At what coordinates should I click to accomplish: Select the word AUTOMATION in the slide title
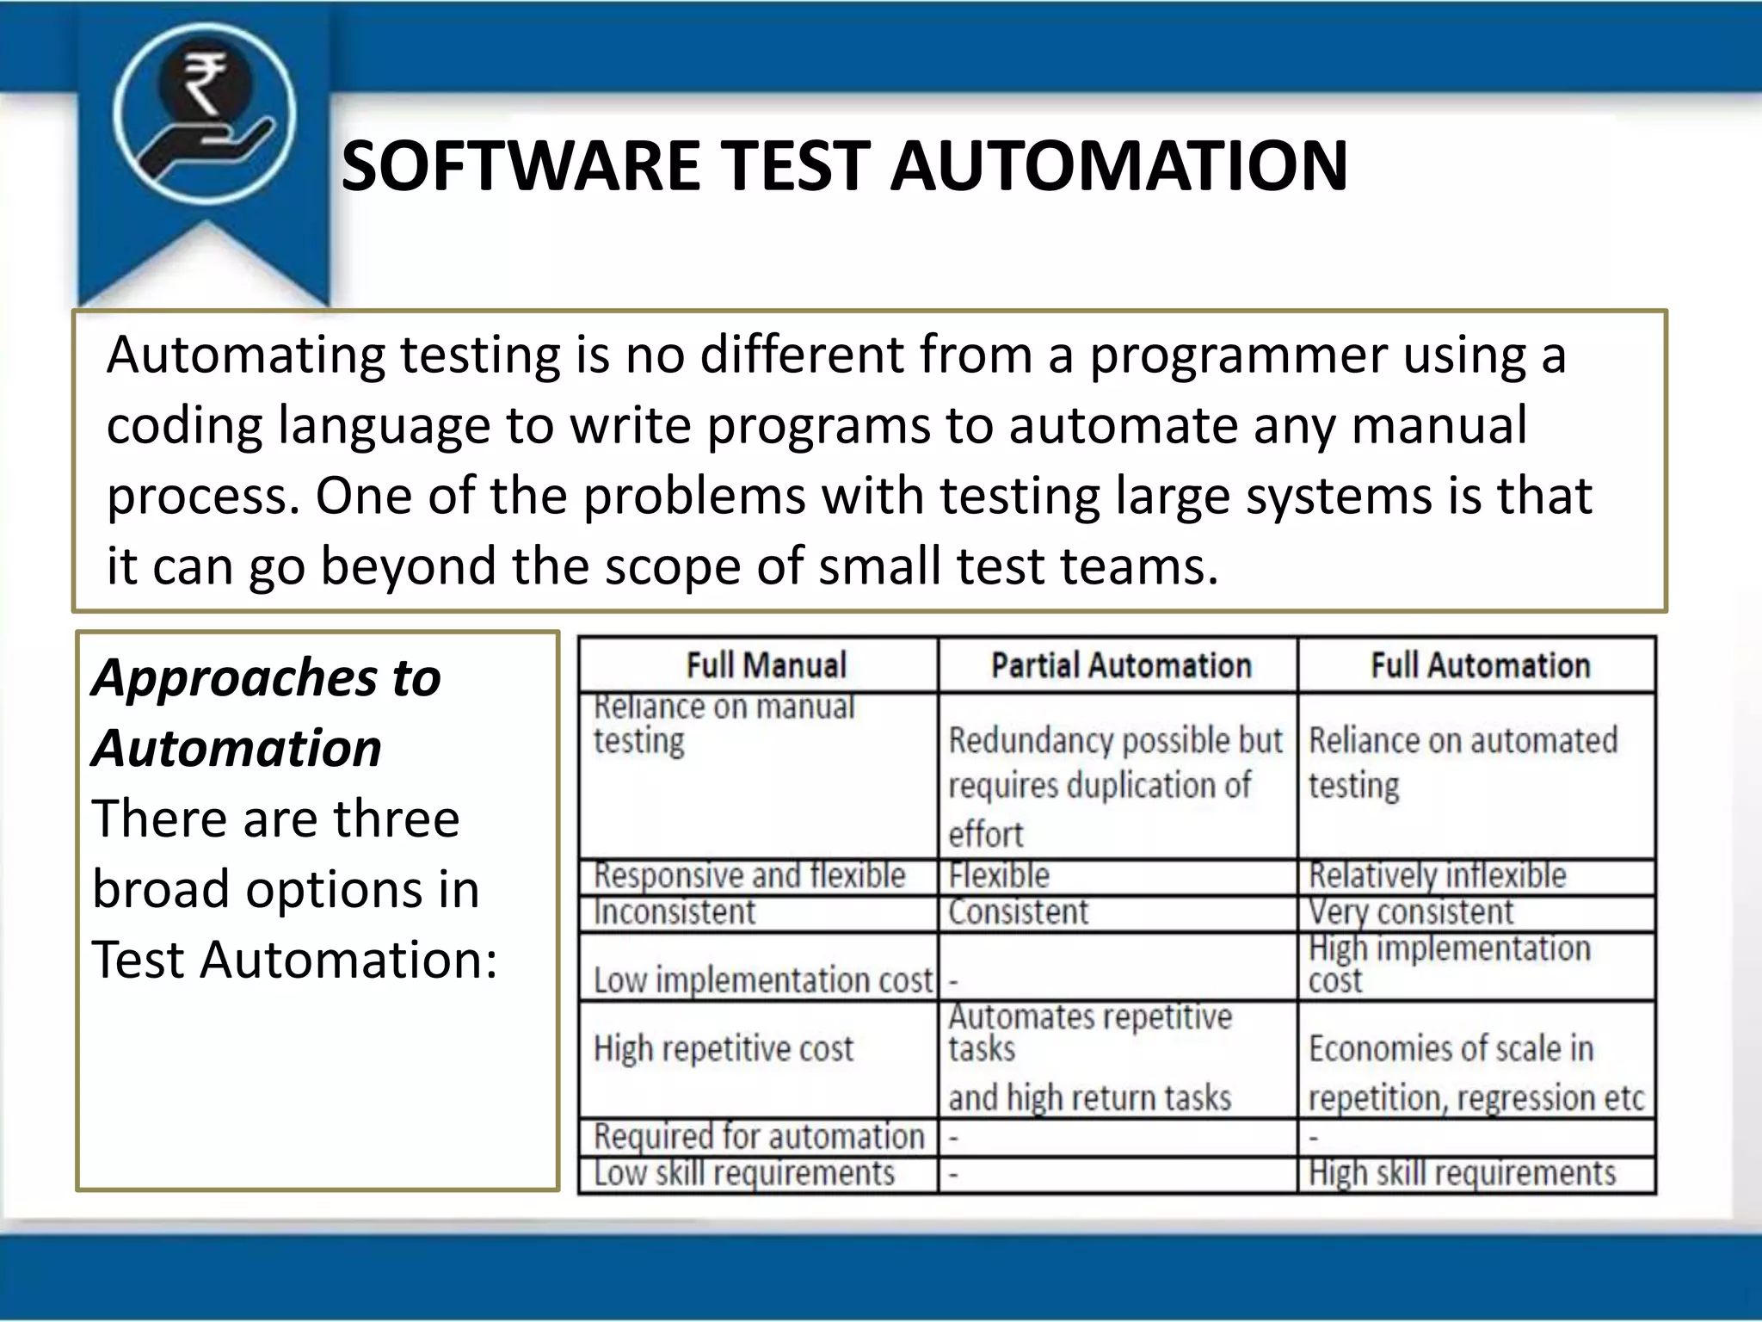[x=1118, y=165]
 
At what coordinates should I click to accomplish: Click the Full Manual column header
[x=766, y=665]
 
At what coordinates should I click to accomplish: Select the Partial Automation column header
[x=1120, y=665]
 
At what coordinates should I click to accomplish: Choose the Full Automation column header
[x=1480, y=665]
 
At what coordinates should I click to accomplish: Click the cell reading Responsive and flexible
[x=749, y=876]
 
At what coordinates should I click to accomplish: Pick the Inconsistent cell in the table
[x=675, y=912]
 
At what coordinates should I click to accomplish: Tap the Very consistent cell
[x=1410, y=912]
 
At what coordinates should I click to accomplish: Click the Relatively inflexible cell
[x=1437, y=876]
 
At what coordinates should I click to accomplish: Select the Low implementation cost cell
[x=762, y=980]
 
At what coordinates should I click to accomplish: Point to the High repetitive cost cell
[x=724, y=1049]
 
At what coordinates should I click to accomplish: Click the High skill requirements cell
[x=1462, y=1174]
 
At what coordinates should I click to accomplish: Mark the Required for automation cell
[x=759, y=1137]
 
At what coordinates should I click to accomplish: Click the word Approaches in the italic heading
[x=234, y=678]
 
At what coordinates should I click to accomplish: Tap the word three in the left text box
[x=396, y=819]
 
